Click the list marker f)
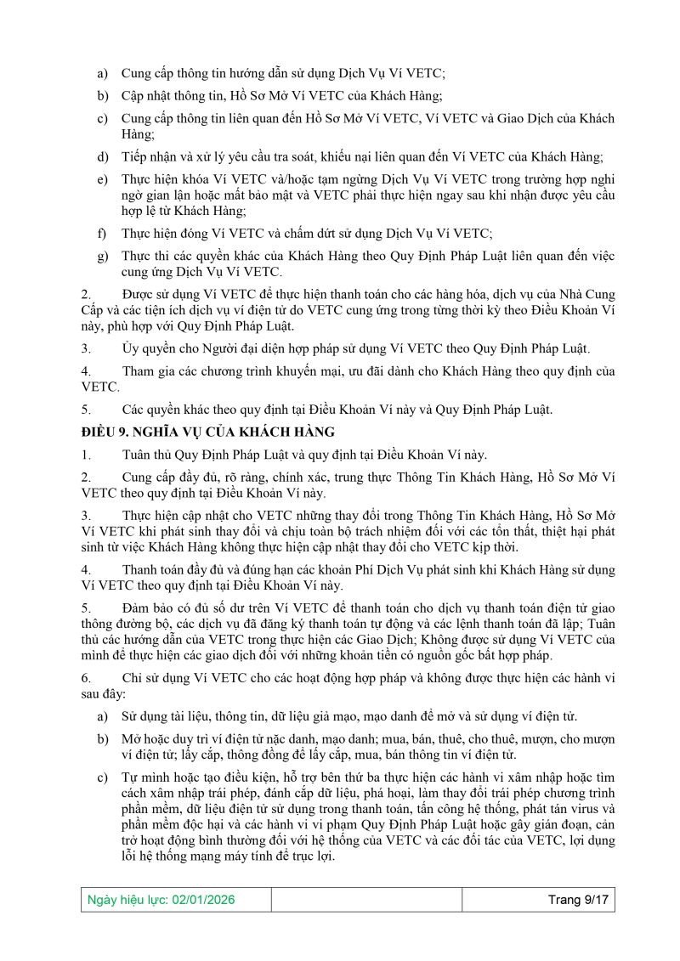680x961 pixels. [x=102, y=232]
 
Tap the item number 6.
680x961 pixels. [x=85, y=677]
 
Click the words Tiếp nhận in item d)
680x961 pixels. [x=148, y=156]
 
